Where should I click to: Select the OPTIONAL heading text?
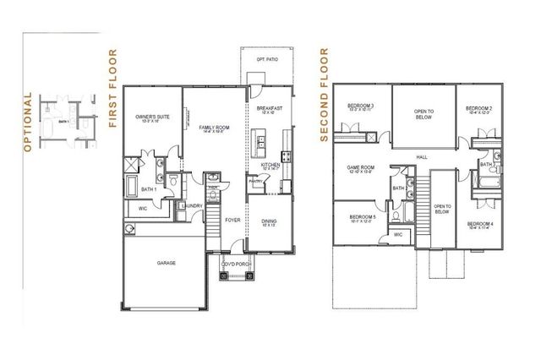27,120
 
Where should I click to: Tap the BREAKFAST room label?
270,110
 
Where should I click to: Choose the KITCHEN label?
270,163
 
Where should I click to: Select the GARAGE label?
166,263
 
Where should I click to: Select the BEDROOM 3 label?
360,107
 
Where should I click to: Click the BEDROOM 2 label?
478,108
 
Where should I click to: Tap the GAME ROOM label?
361,168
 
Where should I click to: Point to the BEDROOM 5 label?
362,218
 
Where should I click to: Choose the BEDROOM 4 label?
479,223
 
